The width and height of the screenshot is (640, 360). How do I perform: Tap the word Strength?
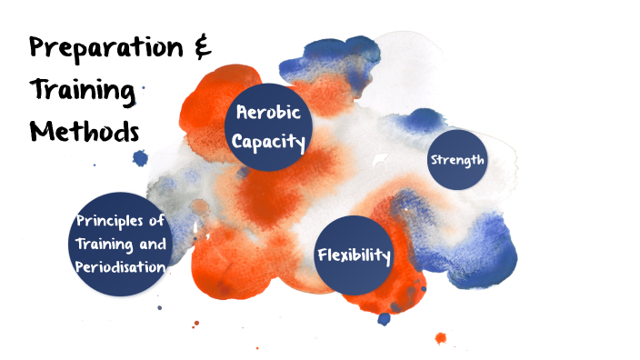tap(456, 160)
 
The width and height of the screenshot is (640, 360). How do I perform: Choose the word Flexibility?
tap(354, 255)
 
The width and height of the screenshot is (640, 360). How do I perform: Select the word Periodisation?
tap(121, 266)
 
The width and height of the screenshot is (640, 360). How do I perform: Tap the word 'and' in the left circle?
tap(153, 244)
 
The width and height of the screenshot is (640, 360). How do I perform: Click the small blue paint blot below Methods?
tap(140, 158)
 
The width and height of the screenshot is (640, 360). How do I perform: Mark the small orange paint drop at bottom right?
tap(441, 338)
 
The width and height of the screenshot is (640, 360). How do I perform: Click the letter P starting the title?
tap(41, 51)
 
